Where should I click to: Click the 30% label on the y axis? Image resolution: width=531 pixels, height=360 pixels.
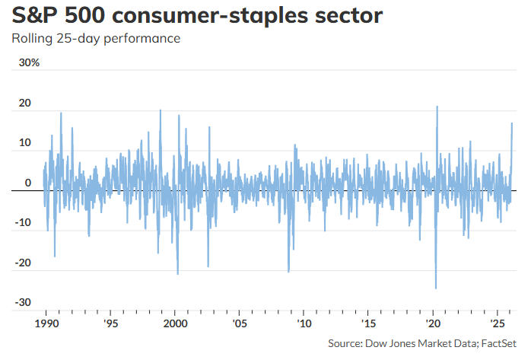(29, 63)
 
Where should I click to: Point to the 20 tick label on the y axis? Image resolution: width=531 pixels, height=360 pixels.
(25, 103)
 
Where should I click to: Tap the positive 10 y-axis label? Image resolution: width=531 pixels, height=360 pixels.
(25, 143)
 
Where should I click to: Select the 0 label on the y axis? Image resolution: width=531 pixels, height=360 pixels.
(27, 183)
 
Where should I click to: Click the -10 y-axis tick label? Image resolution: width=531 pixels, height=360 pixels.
(23, 223)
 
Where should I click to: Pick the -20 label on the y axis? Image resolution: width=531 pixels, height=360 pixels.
(23, 263)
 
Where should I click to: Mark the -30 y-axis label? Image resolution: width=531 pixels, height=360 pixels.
(23, 303)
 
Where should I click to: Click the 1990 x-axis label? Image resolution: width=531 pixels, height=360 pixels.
(46, 322)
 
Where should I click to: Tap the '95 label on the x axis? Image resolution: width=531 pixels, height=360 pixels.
(111, 322)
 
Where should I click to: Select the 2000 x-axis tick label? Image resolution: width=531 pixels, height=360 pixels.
(175, 322)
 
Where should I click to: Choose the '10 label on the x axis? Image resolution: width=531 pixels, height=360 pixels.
(304, 322)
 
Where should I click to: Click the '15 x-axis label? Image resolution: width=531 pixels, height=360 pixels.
(367, 322)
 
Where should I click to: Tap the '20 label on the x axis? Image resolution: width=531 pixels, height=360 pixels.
(432, 322)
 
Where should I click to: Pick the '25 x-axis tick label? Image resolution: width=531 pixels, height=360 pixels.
(496, 322)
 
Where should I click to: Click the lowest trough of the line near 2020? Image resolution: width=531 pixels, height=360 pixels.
(436, 288)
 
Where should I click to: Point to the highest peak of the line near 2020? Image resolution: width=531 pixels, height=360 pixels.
(437, 107)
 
